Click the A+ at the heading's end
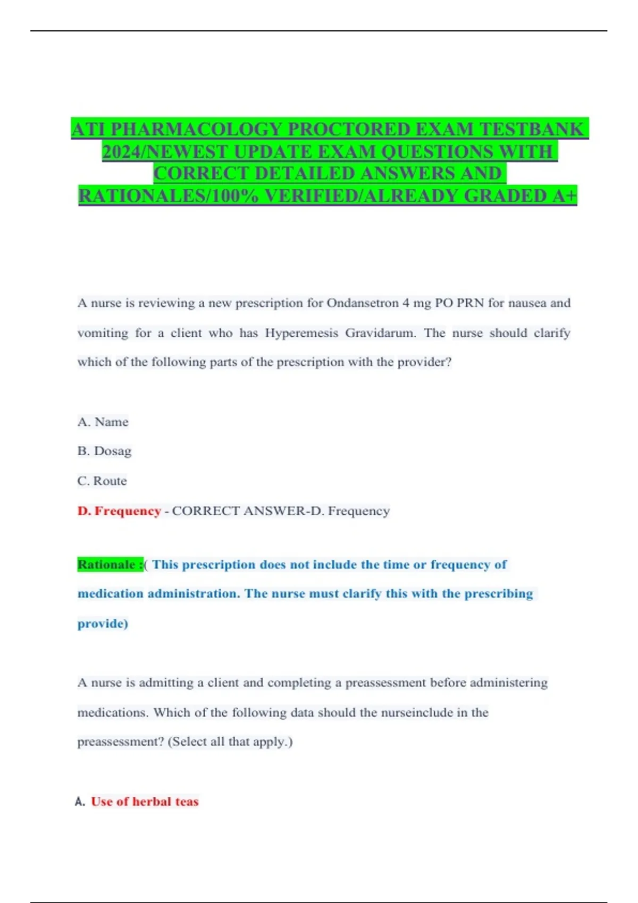click(x=565, y=196)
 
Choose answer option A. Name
click(x=103, y=422)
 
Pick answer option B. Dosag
click(x=104, y=451)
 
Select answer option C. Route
click(x=102, y=481)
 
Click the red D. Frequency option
click(x=119, y=511)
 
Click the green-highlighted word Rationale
click(x=106, y=565)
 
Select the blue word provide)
click(x=103, y=624)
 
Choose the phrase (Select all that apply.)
click(x=230, y=742)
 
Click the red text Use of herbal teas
click(x=145, y=802)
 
